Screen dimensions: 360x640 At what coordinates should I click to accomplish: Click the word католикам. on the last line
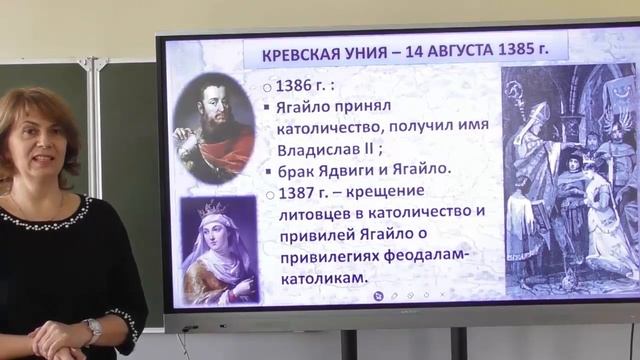pyautogui.click(x=311, y=275)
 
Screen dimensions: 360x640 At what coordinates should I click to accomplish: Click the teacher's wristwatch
pyautogui.click(x=93, y=329)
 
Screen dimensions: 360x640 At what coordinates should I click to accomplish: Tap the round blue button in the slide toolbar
pyautogui.click(x=377, y=295)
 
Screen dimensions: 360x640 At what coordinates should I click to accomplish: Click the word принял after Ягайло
pyautogui.click(x=383, y=107)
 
